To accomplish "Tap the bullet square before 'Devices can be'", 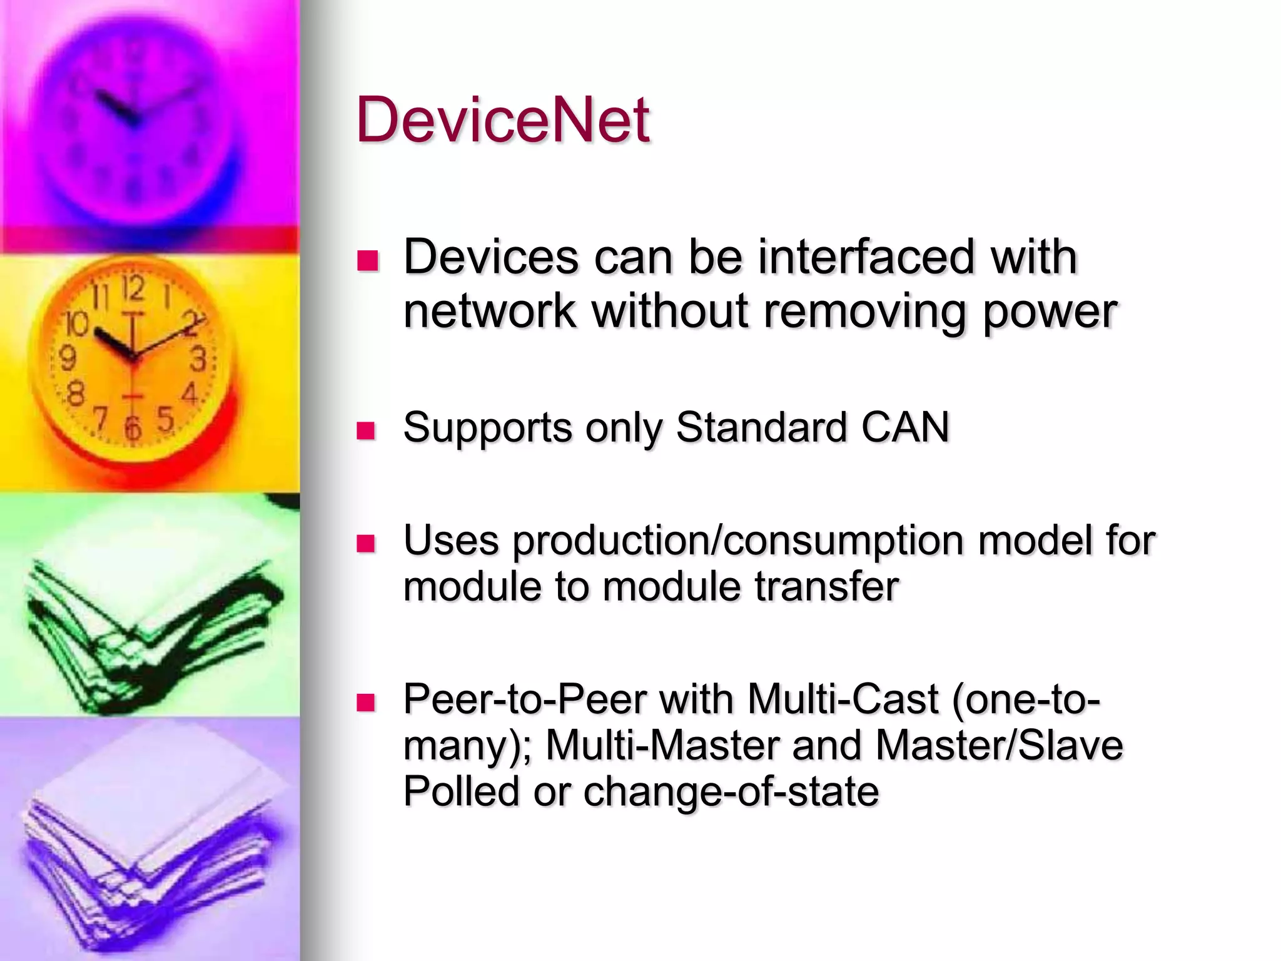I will (x=368, y=260).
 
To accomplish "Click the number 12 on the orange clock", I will (x=133, y=289).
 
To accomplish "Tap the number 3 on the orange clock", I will (x=198, y=360).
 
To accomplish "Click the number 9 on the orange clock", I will (x=68, y=359).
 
